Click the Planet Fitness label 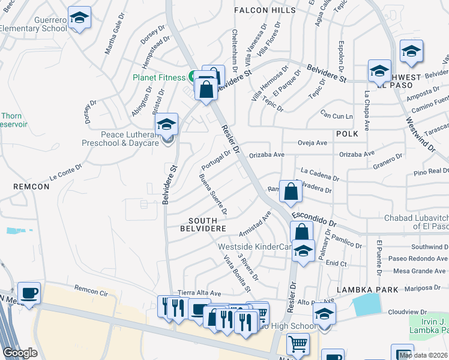click(159, 77)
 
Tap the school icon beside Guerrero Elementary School click(79, 18)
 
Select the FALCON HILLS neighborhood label click(265, 10)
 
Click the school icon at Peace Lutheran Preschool click(166, 125)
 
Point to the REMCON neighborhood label click(31, 187)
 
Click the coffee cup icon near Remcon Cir click(29, 293)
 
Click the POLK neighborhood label click(347, 133)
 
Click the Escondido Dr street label click(315, 219)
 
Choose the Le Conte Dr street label click(65, 173)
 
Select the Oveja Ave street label click(313, 143)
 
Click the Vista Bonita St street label click(237, 274)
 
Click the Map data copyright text click(423, 355)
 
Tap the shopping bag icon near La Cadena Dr click(291, 192)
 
